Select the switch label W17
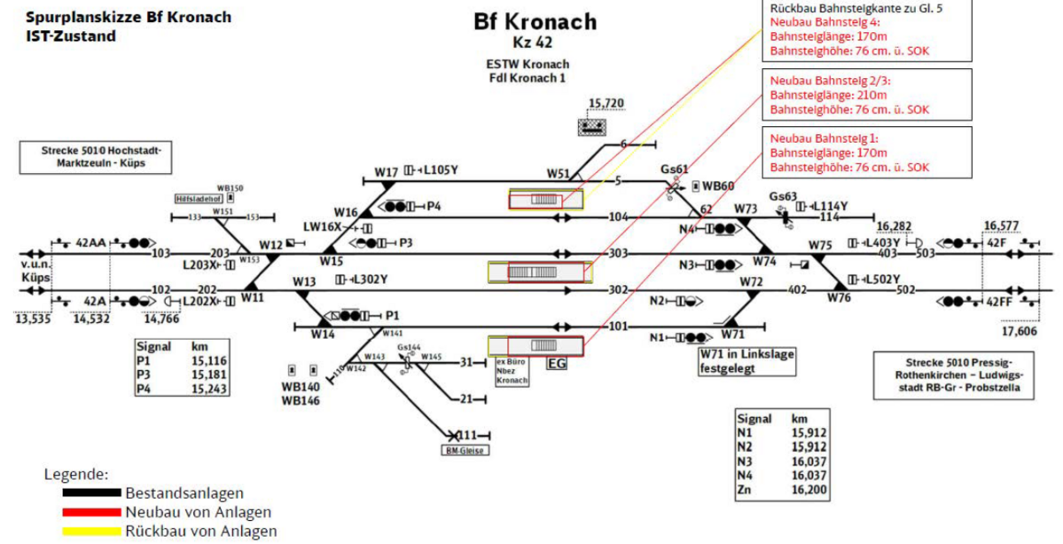(386, 171)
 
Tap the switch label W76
(840, 297)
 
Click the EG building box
(557, 362)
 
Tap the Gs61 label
(675, 169)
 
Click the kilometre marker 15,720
(606, 104)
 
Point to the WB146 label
(300, 401)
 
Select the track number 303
(618, 254)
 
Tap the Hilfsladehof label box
(198, 200)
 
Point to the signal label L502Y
(882, 278)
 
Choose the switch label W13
(304, 281)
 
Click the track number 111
(468, 435)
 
